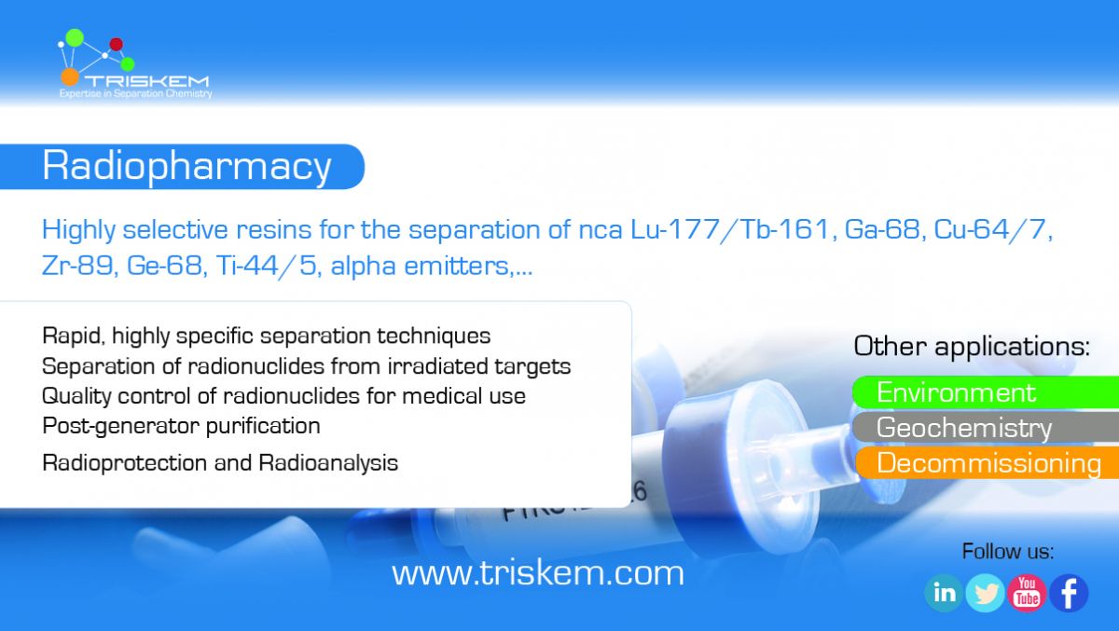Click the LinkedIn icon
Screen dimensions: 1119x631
(x=944, y=593)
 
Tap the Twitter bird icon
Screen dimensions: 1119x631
(x=985, y=593)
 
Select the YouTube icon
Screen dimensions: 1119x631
(x=1027, y=593)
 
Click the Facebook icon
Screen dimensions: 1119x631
(x=1069, y=593)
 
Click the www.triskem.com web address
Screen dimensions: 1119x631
(x=537, y=573)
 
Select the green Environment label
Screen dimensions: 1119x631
(x=986, y=392)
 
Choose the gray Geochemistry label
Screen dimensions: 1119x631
(x=986, y=427)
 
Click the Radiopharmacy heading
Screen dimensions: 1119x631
(x=186, y=166)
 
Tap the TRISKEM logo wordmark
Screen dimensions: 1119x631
(x=146, y=81)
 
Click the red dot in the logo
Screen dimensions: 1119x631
(x=116, y=45)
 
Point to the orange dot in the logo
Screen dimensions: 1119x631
(x=70, y=76)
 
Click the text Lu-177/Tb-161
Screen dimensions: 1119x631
(x=730, y=229)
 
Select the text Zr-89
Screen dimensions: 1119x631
(x=77, y=265)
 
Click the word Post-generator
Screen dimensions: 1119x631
(x=121, y=427)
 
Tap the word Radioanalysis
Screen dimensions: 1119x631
(x=328, y=463)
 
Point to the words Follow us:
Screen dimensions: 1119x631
(x=1008, y=552)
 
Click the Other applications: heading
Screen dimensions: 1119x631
(x=972, y=346)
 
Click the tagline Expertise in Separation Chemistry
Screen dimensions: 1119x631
(x=136, y=94)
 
